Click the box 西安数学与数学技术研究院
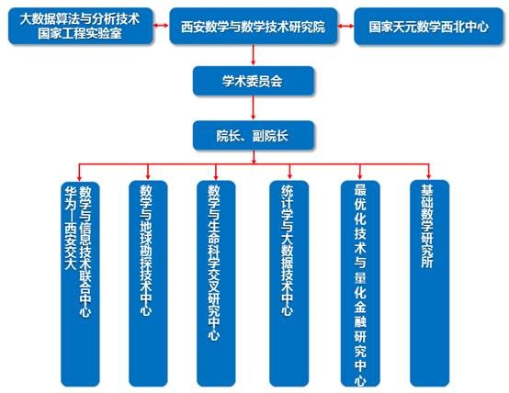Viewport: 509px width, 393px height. (254, 26)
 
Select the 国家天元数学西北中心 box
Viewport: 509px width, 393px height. (428, 27)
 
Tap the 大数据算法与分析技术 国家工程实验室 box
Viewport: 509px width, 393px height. (80, 26)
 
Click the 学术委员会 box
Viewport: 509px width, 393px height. (254, 81)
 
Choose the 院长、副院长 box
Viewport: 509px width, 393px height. (254, 135)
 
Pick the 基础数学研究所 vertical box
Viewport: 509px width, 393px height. (429, 284)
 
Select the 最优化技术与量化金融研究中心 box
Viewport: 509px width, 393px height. (360, 284)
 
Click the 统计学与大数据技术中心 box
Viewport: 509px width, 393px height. (288, 284)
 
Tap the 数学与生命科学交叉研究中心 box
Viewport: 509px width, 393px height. (216, 284)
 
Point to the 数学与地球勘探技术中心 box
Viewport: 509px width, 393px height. (148, 284)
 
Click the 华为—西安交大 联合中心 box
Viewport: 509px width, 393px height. (80, 284)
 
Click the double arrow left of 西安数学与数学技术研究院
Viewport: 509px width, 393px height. (161, 26)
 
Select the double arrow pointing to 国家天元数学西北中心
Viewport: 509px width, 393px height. (345, 26)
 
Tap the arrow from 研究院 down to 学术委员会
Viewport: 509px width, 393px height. (254, 55)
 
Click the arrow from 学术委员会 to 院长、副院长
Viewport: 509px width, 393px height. (254, 107)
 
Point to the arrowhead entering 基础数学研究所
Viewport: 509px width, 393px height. (429, 176)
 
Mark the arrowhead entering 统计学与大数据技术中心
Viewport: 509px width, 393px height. (289, 176)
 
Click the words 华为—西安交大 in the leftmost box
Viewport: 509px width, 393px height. (70, 228)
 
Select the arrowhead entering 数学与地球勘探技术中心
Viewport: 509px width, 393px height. (148, 176)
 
